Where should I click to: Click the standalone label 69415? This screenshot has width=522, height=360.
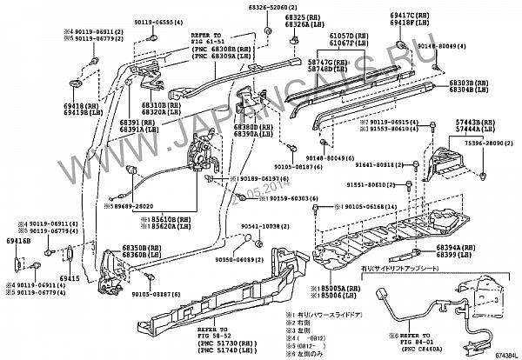(70, 278)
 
